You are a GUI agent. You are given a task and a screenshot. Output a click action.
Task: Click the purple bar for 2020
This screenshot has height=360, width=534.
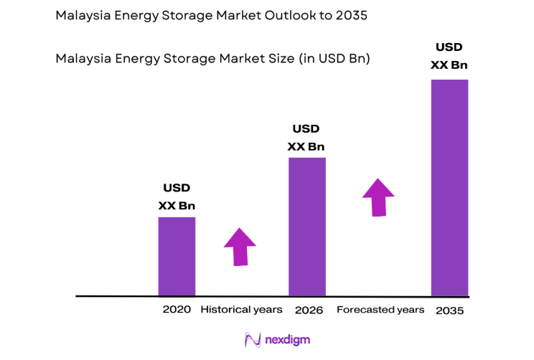pos(177,256)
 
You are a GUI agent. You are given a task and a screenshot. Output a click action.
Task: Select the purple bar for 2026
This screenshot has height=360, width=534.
pos(306,227)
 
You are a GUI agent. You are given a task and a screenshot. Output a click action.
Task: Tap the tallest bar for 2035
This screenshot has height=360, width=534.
pos(449,187)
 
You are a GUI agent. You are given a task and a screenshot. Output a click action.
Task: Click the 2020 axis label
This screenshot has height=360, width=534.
pos(177,310)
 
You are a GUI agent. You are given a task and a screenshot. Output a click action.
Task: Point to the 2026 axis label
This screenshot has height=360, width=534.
pos(309,311)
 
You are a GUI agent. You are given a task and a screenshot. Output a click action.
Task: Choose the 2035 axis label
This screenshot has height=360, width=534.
pos(449,311)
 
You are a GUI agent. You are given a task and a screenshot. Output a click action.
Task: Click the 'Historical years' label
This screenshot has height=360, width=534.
pos(241,310)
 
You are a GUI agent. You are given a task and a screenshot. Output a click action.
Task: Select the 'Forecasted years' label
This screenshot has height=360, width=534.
pos(380,310)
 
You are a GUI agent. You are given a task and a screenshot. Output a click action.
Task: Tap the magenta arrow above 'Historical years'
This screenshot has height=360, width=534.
pos(240,247)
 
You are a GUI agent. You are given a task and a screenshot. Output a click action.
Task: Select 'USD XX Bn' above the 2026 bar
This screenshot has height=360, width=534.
pos(306,138)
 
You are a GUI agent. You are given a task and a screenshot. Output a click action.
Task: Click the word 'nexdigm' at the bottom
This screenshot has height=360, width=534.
pos(289,339)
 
